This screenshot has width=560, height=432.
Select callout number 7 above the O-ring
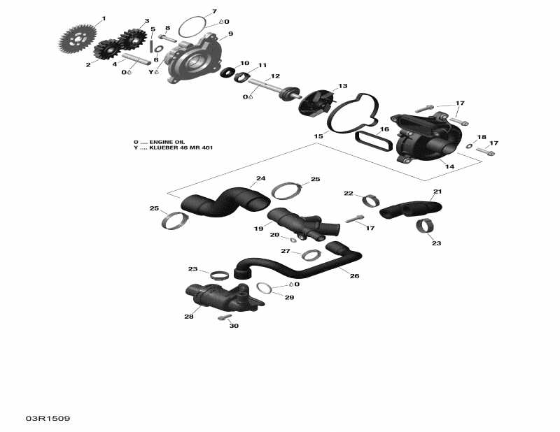(x=214, y=11)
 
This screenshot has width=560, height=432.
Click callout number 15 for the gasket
(x=318, y=136)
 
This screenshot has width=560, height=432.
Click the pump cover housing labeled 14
(x=427, y=137)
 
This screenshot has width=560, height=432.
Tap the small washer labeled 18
(x=469, y=145)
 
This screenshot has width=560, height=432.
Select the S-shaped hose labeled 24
(x=225, y=201)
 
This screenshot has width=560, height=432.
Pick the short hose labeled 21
(x=410, y=209)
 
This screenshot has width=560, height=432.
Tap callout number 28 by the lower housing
(x=188, y=317)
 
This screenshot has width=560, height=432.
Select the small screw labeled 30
(x=224, y=317)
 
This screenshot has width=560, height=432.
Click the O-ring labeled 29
(x=265, y=288)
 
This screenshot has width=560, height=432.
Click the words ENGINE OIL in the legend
(x=167, y=142)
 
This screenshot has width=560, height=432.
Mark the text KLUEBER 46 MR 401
(x=181, y=147)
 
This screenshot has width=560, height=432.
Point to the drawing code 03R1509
(x=48, y=418)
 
